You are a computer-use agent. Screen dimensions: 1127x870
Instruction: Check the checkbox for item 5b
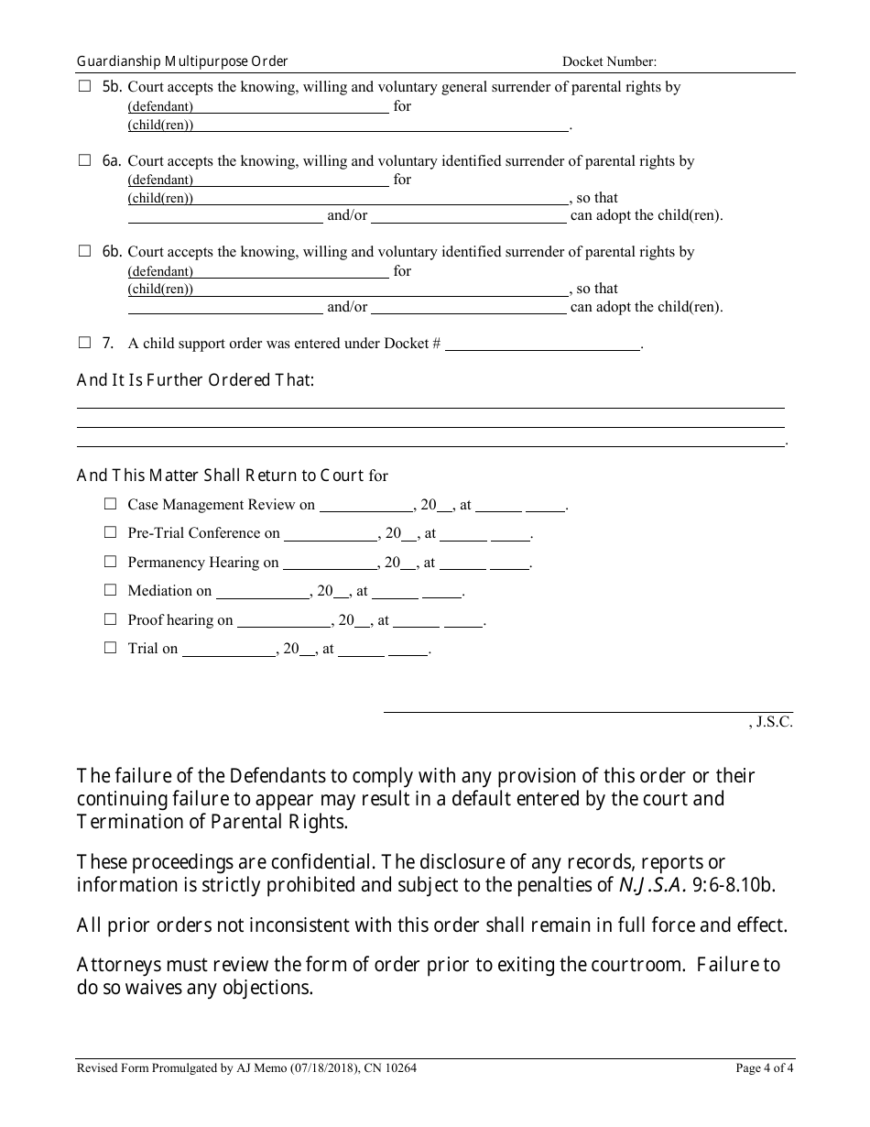click(85, 87)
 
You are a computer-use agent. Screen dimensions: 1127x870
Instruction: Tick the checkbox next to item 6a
click(85, 160)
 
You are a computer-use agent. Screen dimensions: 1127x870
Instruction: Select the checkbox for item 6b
click(85, 251)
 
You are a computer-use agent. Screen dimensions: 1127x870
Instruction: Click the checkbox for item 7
click(85, 343)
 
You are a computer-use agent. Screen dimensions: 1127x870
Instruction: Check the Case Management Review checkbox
click(111, 504)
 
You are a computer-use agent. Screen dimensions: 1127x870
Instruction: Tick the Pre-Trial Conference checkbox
click(111, 532)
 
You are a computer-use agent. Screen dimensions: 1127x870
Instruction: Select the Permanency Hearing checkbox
click(111, 562)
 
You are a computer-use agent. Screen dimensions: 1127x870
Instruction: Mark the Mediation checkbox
click(111, 590)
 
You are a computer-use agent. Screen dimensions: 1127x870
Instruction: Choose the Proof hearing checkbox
click(111, 619)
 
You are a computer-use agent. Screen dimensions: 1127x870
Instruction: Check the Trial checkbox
click(111, 648)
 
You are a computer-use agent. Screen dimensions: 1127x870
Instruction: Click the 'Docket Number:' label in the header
click(609, 62)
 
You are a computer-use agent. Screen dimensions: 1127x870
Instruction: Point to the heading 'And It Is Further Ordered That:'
click(195, 379)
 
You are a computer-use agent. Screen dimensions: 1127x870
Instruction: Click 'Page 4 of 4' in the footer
click(764, 1067)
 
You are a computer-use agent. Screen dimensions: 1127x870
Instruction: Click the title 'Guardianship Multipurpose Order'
click(182, 61)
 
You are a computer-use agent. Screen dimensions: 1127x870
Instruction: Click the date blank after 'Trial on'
click(229, 650)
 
